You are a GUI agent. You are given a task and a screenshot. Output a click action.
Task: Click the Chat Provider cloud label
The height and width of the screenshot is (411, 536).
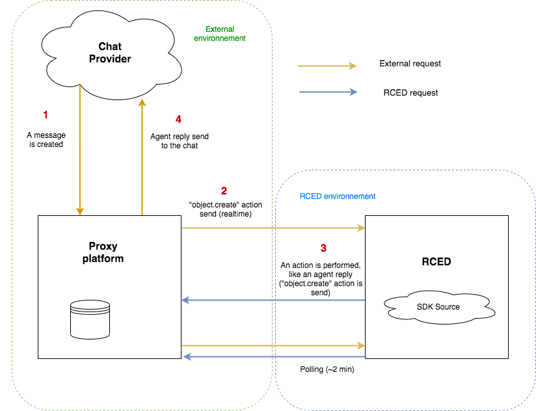114,53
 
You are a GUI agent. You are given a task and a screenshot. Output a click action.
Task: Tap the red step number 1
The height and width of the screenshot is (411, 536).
45,114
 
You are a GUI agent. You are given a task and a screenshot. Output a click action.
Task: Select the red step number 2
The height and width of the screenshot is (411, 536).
224,191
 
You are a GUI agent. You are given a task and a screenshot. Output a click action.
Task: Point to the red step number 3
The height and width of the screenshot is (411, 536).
323,248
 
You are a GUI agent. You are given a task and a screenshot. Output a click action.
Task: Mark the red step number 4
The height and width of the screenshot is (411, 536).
178,119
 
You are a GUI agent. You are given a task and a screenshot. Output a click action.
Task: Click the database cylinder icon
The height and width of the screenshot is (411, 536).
88,318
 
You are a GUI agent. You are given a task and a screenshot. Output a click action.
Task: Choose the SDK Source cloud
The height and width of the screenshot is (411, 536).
439,306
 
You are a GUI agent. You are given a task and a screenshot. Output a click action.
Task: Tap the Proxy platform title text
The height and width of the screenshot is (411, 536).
105,252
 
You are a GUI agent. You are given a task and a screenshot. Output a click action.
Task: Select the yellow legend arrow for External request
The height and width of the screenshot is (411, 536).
327,66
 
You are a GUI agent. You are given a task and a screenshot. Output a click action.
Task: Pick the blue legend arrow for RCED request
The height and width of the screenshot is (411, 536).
327,92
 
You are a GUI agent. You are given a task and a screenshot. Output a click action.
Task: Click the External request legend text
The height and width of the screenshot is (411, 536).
410,64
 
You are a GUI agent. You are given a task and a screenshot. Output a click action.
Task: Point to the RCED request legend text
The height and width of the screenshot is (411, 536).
410,92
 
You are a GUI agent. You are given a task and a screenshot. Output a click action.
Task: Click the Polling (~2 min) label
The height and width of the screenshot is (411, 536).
327,369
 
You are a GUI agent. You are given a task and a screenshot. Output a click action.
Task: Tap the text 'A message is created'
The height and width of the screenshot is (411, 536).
45,140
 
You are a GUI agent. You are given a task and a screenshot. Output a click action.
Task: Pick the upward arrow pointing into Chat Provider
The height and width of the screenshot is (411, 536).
141,156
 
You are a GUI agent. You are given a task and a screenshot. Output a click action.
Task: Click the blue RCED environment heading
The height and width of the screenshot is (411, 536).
337,196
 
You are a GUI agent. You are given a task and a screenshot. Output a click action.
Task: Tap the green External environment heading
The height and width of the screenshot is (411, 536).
220,34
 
